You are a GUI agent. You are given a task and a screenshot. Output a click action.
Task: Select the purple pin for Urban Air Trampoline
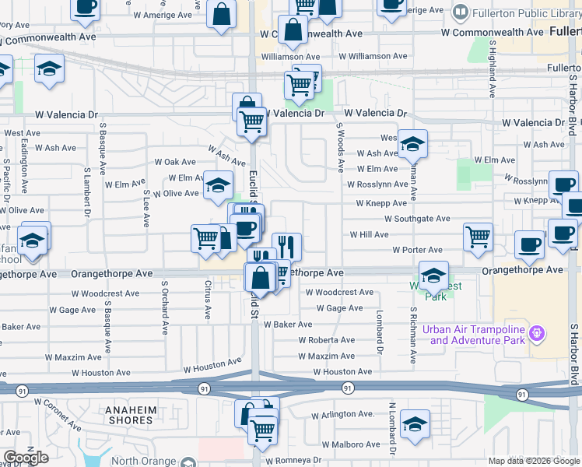click(535, 334)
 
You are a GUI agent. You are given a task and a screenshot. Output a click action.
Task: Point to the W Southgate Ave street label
click(416, 219)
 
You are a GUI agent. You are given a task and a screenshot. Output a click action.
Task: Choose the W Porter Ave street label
click(417, 250)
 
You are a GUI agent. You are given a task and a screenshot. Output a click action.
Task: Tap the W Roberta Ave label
click(327, 340)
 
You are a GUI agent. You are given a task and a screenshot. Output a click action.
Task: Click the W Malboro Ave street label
click(346, 444)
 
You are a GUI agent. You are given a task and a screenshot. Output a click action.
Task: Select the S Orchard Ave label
click(165, 307)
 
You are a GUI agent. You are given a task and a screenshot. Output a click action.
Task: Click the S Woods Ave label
click(340, 147)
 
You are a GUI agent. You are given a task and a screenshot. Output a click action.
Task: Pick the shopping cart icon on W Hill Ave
click(478, 237)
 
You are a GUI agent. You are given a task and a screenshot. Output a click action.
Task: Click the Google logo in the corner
click(26, 458)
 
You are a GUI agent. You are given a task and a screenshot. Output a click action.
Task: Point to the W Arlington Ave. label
click(343, 414)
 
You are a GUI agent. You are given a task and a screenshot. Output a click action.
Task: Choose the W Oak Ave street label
click(175, 162)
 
